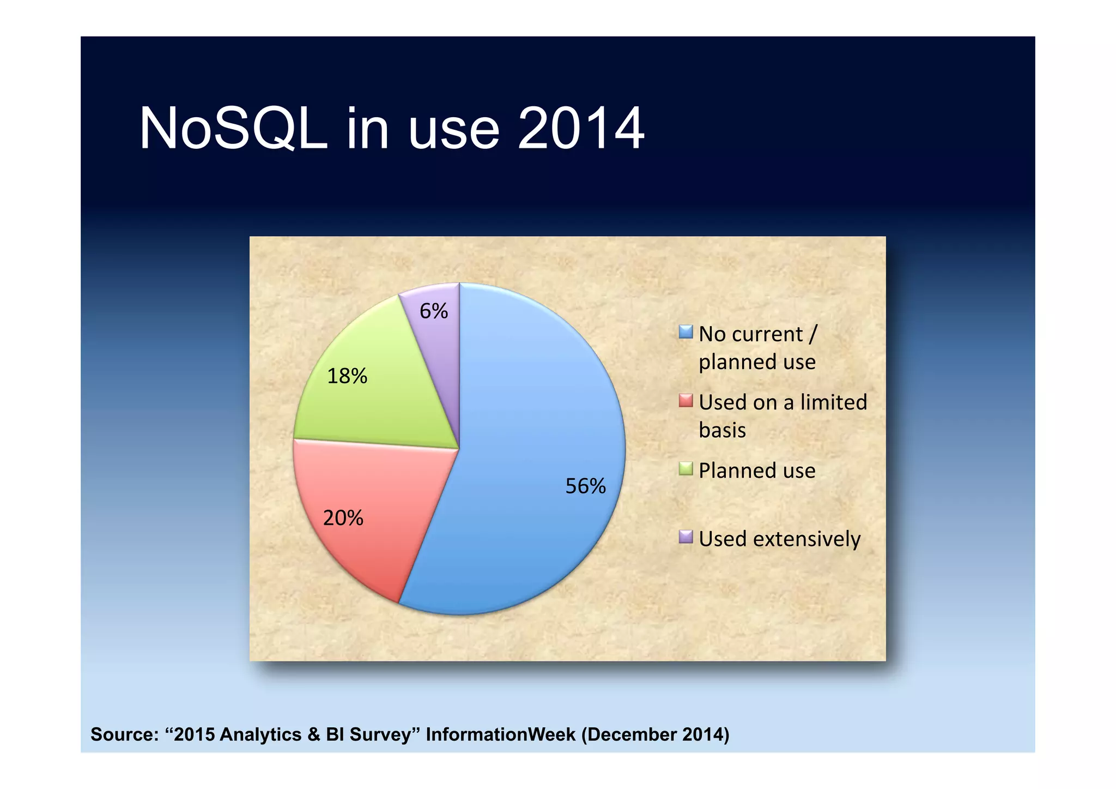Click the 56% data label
point(585,486)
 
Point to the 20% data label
point(343,517)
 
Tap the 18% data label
point(347,376)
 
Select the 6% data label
point(433,311)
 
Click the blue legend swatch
point(686,332)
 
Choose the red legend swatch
point(686,401)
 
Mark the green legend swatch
point(686,469)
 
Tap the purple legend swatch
point(686,537)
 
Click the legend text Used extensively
point(779,539)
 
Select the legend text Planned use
point(757,471)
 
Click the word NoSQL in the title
point(233,129)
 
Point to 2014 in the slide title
point(581,129)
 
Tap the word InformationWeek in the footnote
point(500,734)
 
